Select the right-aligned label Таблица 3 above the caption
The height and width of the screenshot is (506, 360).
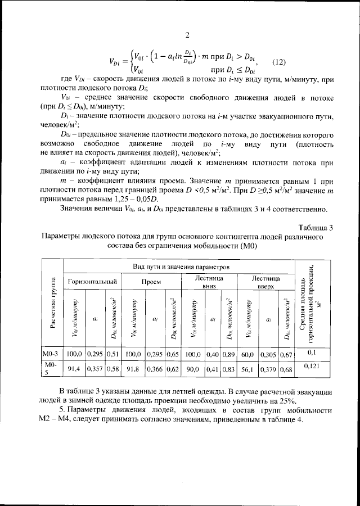(315, 227)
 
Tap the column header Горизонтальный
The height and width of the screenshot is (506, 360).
(92, 281)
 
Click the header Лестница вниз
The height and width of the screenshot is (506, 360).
(209, 282)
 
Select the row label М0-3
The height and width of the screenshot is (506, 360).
(53, 354)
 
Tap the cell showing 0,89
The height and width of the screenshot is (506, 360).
(228, 355)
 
